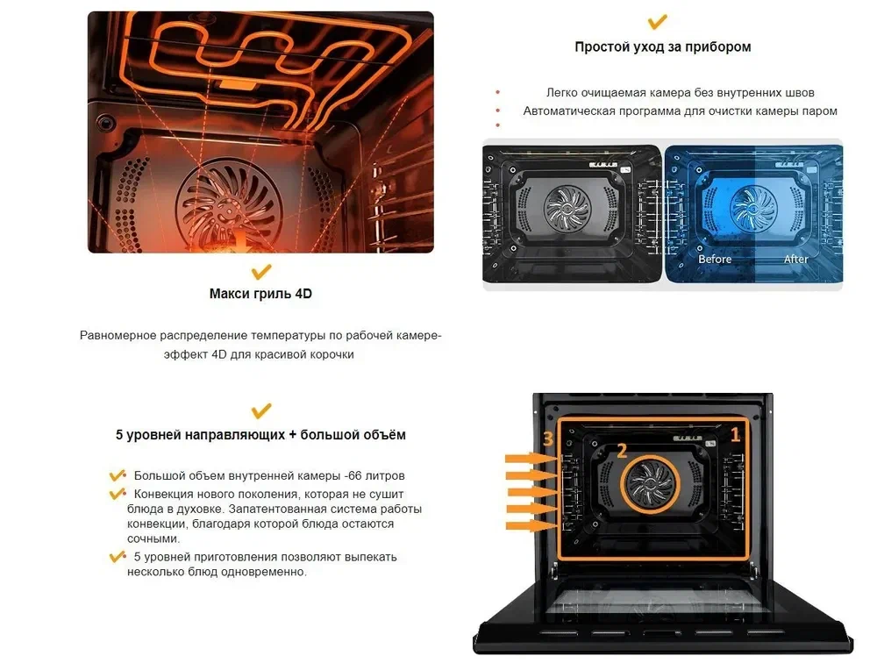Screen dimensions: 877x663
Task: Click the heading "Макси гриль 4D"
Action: [x=260, y=294]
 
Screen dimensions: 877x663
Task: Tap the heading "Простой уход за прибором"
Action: [x=663, y=47]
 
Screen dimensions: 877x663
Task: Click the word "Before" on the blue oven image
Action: [x=715, y=259]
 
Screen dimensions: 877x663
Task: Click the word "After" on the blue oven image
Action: [x=796, y=259]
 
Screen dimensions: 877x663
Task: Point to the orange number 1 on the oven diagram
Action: [x=736, y=435]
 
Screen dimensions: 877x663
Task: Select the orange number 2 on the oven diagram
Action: [x=622, y=451]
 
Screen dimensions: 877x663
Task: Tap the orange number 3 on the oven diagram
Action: [x=548, y=438]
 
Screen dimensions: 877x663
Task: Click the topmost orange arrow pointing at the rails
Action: [x=531, y=459]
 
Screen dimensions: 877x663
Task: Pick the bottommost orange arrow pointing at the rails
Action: [x=531, y=526]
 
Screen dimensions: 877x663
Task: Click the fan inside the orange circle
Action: [x=651, y=483]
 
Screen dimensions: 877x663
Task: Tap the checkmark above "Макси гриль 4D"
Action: [x=261, y=271]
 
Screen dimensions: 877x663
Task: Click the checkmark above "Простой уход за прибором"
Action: [x=657, y=21]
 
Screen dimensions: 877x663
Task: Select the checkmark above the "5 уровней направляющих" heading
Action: [x=261, y=410]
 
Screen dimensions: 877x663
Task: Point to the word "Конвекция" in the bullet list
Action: [x=162, y=494]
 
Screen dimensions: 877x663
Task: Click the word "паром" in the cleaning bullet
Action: [x=820, y=111]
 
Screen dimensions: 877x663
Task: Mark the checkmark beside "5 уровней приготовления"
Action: [x=118, y=557]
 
